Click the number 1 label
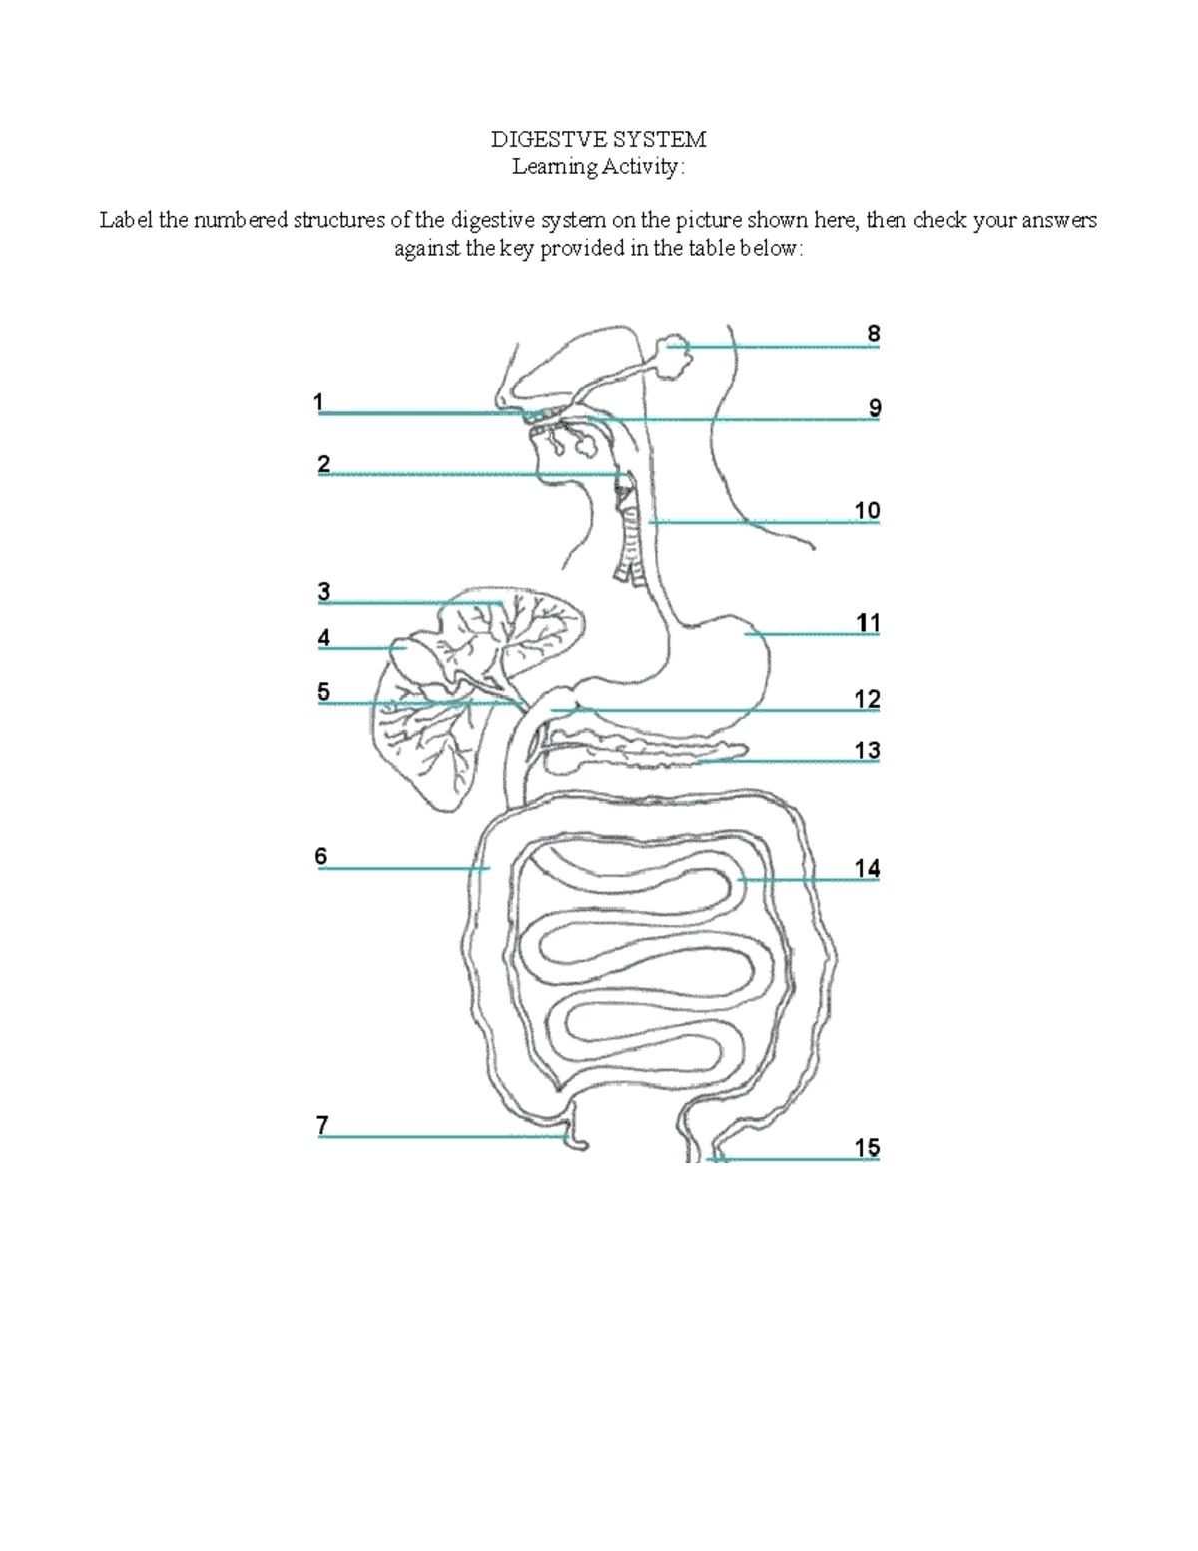coord(318,402)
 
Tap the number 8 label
coord(874,334)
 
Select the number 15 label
coord(867,1148)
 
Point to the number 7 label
coord(322,1125)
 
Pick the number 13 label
coord(867,751)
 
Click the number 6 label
coord(321,856)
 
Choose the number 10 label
coord(867,511)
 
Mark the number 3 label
coord(324,592)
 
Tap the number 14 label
coord(867,869)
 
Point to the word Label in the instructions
coord(126,220)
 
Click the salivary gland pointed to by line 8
coord(674,358)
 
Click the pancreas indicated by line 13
coord(649,754)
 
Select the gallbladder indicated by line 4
coord(409,654)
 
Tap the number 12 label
coord(867,699)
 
